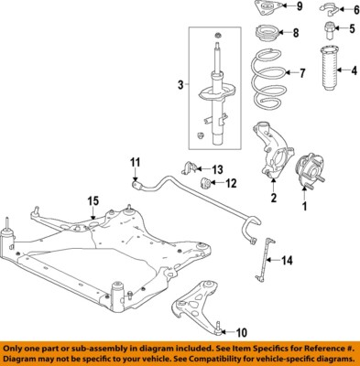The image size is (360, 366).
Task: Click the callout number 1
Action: pos(306,207)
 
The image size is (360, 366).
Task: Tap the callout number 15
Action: pos(93,200)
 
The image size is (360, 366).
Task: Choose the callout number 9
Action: pos(298,7)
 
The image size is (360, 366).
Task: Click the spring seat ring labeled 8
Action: pos(263,40)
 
